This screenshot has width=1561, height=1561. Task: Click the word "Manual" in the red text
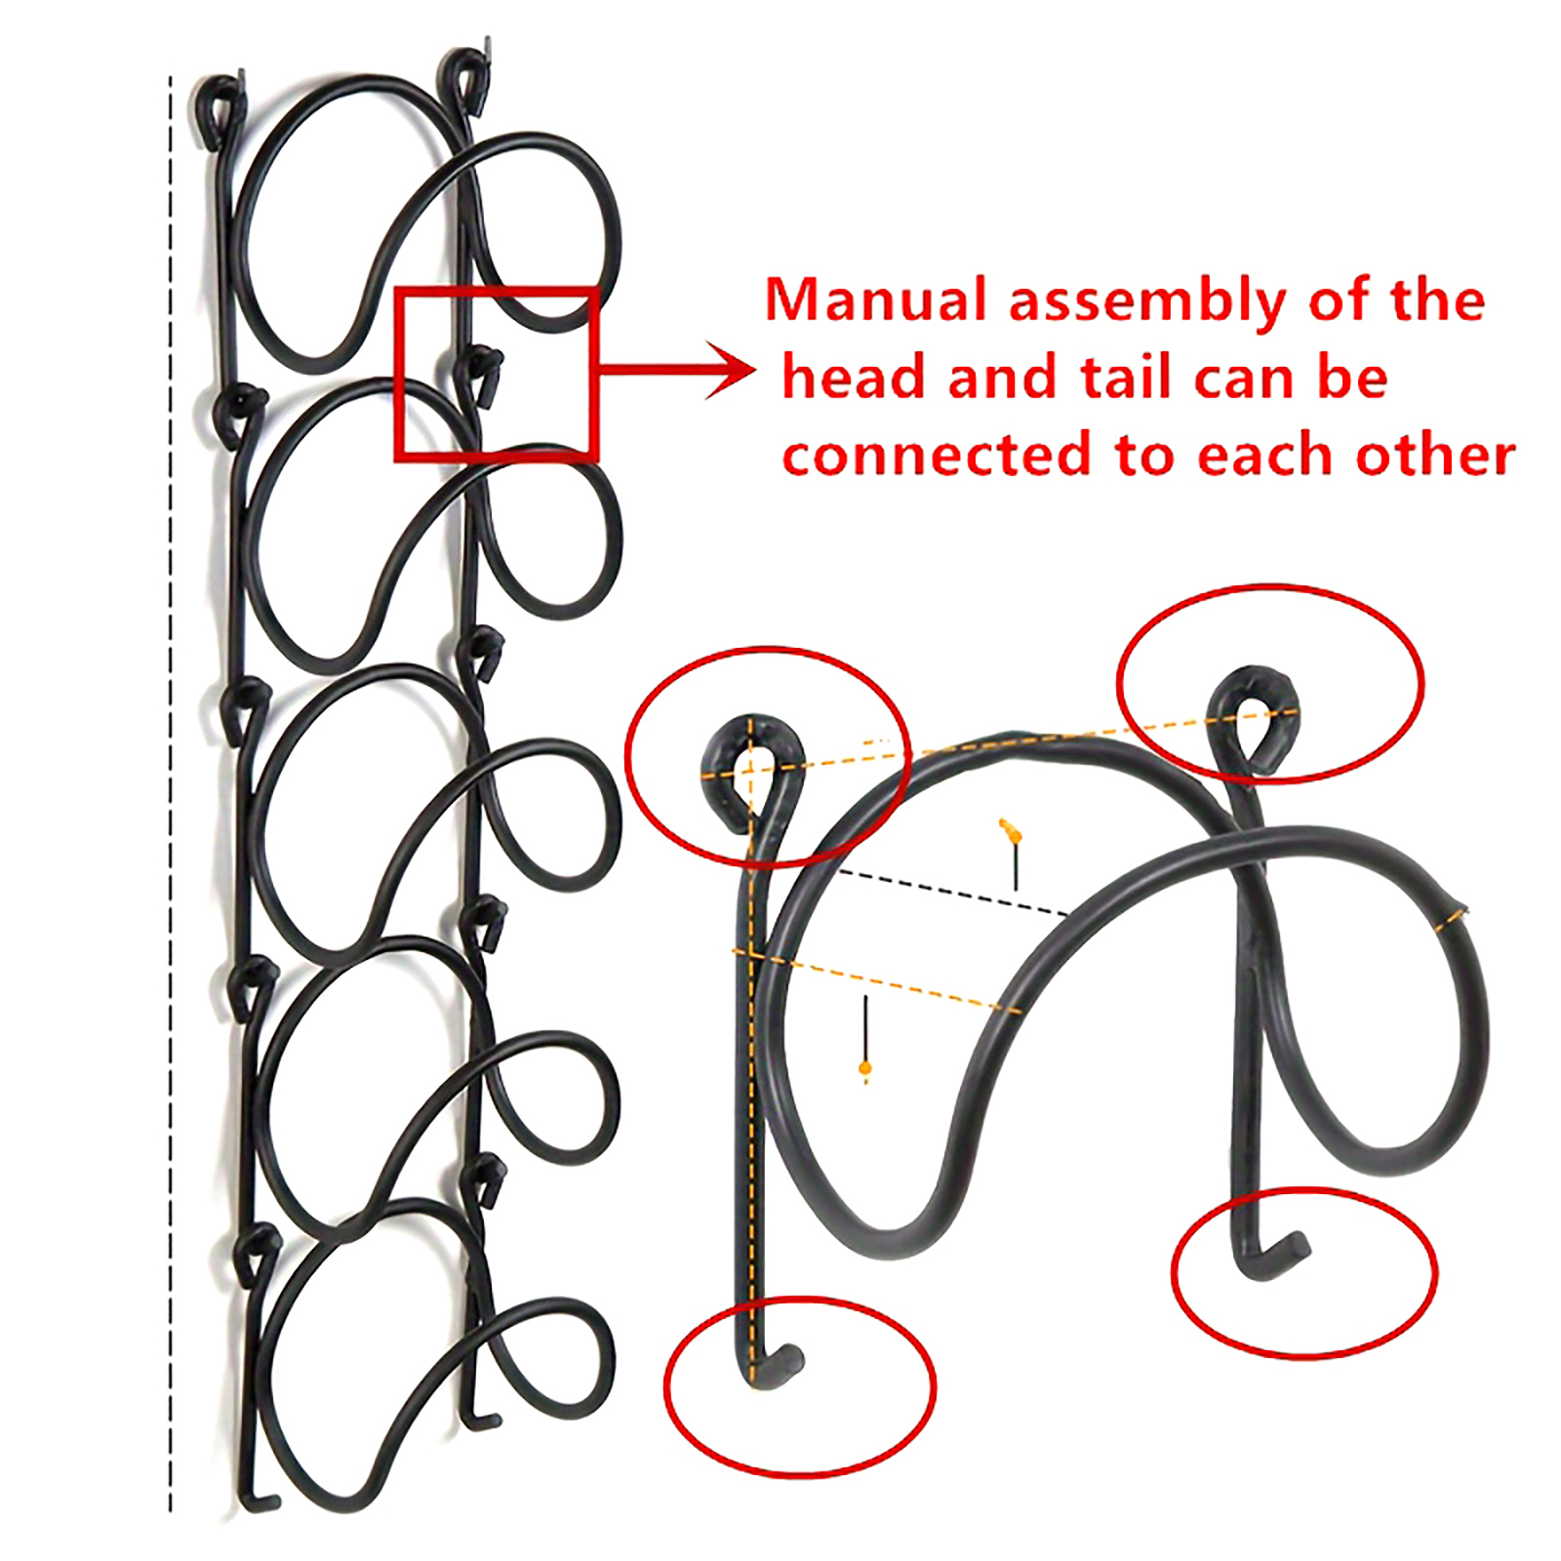(876, 300)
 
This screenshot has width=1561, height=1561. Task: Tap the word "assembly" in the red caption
(1148, 301)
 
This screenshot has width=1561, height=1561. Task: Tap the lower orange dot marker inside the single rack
(864, 1069)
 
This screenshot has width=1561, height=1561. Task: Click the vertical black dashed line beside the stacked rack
(171, 795)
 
